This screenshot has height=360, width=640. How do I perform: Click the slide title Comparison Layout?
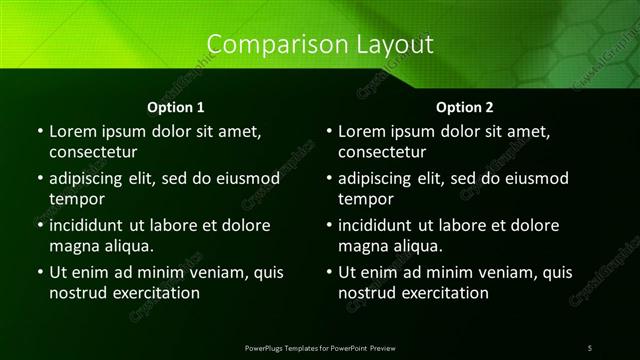(320, 45)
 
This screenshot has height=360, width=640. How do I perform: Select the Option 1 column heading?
(175, 106)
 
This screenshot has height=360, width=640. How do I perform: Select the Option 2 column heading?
(465, 106)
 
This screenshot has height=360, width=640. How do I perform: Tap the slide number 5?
(590, 347)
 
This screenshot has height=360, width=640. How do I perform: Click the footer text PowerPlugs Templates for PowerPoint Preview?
(320, 347)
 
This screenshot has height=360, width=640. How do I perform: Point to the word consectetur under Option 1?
(93, 153)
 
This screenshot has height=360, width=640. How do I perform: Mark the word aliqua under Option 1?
(127, 246)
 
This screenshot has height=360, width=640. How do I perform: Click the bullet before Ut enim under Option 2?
(330, 272)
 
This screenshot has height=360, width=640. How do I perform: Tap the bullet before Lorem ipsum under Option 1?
(40, 131)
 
